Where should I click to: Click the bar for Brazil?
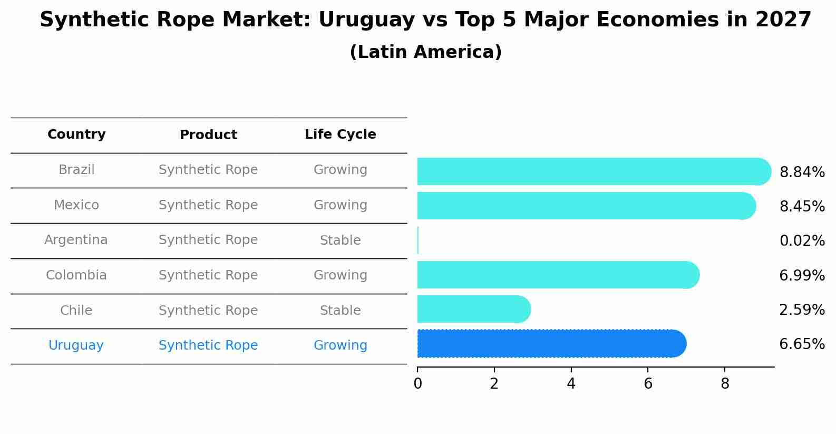click(590, 171)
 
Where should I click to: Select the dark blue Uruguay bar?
click(548, 344)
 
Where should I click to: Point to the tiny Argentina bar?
click(418, 240)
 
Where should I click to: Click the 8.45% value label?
click(802, 206)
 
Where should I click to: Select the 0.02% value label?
click(802, 241)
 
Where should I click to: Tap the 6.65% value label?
click(802, 344)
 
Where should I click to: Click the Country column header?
click(76, 134)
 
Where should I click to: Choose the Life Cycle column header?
click(340, 134)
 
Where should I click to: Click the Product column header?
click(208, 135)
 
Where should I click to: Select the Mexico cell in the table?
click(76, 205)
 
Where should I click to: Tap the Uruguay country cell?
click(76, 345)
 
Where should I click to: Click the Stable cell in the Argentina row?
click(340, 240)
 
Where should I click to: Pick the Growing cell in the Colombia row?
click(340, 275)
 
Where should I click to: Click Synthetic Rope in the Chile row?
click(208, 311)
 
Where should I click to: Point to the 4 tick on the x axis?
click(571, 384)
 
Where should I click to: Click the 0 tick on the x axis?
click(417, 384)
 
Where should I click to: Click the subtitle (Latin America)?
click(425, 52)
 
